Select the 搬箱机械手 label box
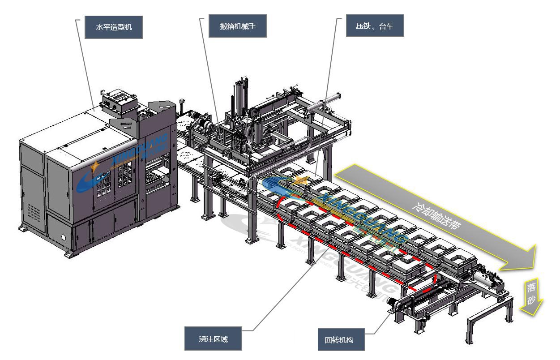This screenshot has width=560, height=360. (238, 27)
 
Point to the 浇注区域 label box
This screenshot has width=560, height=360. (214, 339)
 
